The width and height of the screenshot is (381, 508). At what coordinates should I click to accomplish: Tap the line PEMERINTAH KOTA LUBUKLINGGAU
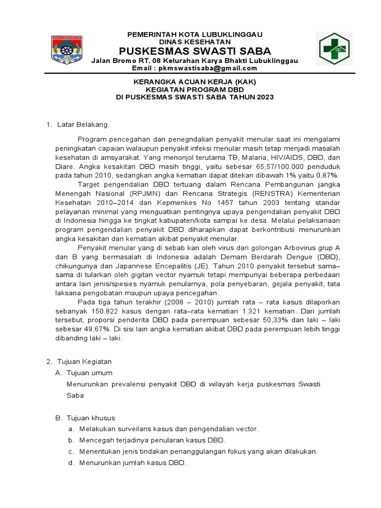pyautogui.click(x=194, y=34)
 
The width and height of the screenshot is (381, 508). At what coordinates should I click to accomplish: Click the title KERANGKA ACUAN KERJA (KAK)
pyautogui.click(x=194, y=82)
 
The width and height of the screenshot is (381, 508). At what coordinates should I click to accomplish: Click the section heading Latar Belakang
pyautogui.click(x=82, y=124)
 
